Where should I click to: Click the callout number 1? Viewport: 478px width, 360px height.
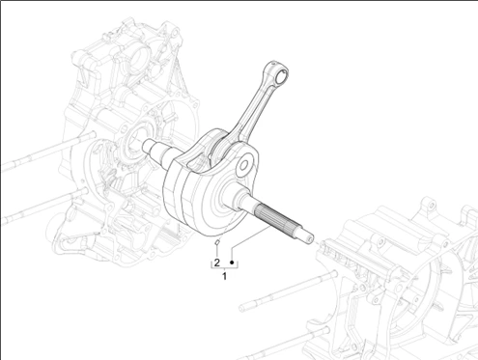click(x=224, y=276)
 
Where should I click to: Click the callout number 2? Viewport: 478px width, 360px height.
click(x=217, y=263)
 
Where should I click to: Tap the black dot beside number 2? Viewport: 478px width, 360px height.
click(x=232, y=263)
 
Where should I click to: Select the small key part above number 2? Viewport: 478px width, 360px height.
click(x=217, y=242)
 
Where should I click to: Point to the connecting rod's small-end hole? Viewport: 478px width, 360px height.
click(x=282, y=74)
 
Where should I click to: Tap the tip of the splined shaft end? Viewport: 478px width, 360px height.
click(x=310, y=239)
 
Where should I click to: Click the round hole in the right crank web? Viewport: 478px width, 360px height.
click(x=243, y=166)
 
